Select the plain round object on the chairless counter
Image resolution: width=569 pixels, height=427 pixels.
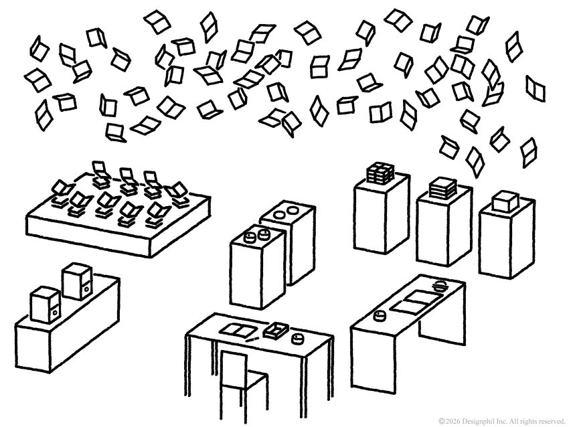(x=382, y=315)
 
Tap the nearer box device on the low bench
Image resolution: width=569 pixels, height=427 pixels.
(x=46, y=305)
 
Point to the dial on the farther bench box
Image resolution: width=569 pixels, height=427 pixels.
(x=85, y=289)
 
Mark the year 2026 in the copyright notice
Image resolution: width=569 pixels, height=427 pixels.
(x=453, y=420)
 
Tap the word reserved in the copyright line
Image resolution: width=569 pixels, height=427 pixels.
(x=552, y=420)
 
